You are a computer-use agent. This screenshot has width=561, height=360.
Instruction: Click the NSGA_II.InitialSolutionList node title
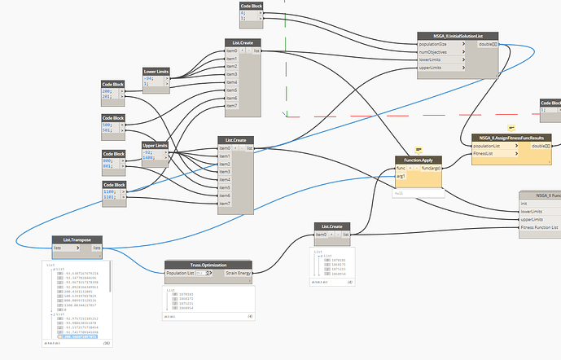[x=452, y=37]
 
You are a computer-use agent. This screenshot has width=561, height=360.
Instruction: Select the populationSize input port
[x=440, y=45]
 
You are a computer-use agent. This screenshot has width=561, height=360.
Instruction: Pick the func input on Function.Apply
[x=401, y=168]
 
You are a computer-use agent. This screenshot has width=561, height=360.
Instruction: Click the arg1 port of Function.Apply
[x=401, y=176]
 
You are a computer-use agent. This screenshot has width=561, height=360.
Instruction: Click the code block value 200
[x=107, y=91]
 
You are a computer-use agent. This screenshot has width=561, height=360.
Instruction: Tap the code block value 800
[x=108, y=160]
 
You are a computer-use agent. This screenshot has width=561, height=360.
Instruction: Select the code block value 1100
[x=110, y=191]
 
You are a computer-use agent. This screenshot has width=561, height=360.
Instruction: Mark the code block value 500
[x=108, y=125]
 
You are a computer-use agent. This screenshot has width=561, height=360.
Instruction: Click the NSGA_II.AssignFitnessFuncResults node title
[x=511, y=138]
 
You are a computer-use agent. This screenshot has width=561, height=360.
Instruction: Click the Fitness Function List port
[x=538, y=227]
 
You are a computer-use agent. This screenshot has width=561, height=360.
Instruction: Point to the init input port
[x=525, y=203]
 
